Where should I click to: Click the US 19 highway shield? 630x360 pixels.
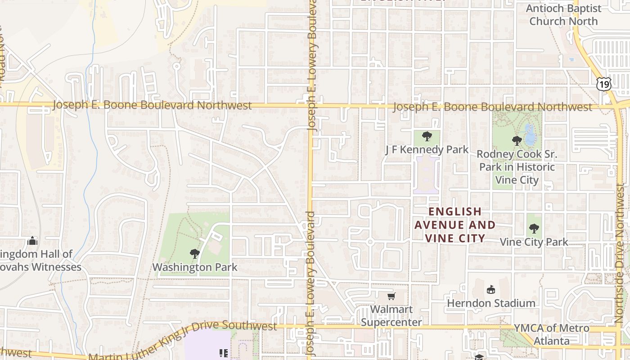pyautogui.click(x=604, y=83)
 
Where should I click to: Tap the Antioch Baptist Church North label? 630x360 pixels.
pyautogui.click(x=563, y=15)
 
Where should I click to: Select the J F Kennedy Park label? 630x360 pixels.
pyautogui.click(x=427, y=149)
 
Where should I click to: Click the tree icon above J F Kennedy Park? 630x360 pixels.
pyautogui.click(x=427, y=136)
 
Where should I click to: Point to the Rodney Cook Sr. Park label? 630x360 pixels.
pyautogui.click(x=517, y=167)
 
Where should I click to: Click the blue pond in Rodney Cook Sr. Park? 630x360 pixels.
pyautogui.click(x=530, y=135)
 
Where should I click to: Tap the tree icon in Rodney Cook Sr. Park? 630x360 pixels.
pyautogui.click(x=517, y=140)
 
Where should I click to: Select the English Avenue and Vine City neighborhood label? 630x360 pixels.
pyautogui.click(x=455, y=225)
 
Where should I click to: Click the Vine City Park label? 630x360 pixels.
pyautogui.click(x=534, y=242)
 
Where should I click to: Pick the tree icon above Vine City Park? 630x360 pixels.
pyautogui.click(x=534, y=229)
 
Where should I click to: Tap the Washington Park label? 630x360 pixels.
pyautogui.click(x=194, y=267)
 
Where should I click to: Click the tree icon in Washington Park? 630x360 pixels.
pyautogui.click(x=195, y=254)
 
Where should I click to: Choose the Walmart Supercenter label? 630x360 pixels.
pyautogui.click(x=391, y=316)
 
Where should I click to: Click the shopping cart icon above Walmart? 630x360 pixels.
pyautogui.click(x=391, y=296)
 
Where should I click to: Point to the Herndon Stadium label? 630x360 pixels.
pyautogui.click(x=491, y=303)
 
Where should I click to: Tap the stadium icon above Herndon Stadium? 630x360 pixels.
pyautogui.click(x=490, y=289)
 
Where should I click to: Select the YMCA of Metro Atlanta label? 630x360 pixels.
pyautogui.click(x=552, y=334)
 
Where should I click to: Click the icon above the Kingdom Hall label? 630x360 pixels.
pyautogui.click(x=32, y=241)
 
